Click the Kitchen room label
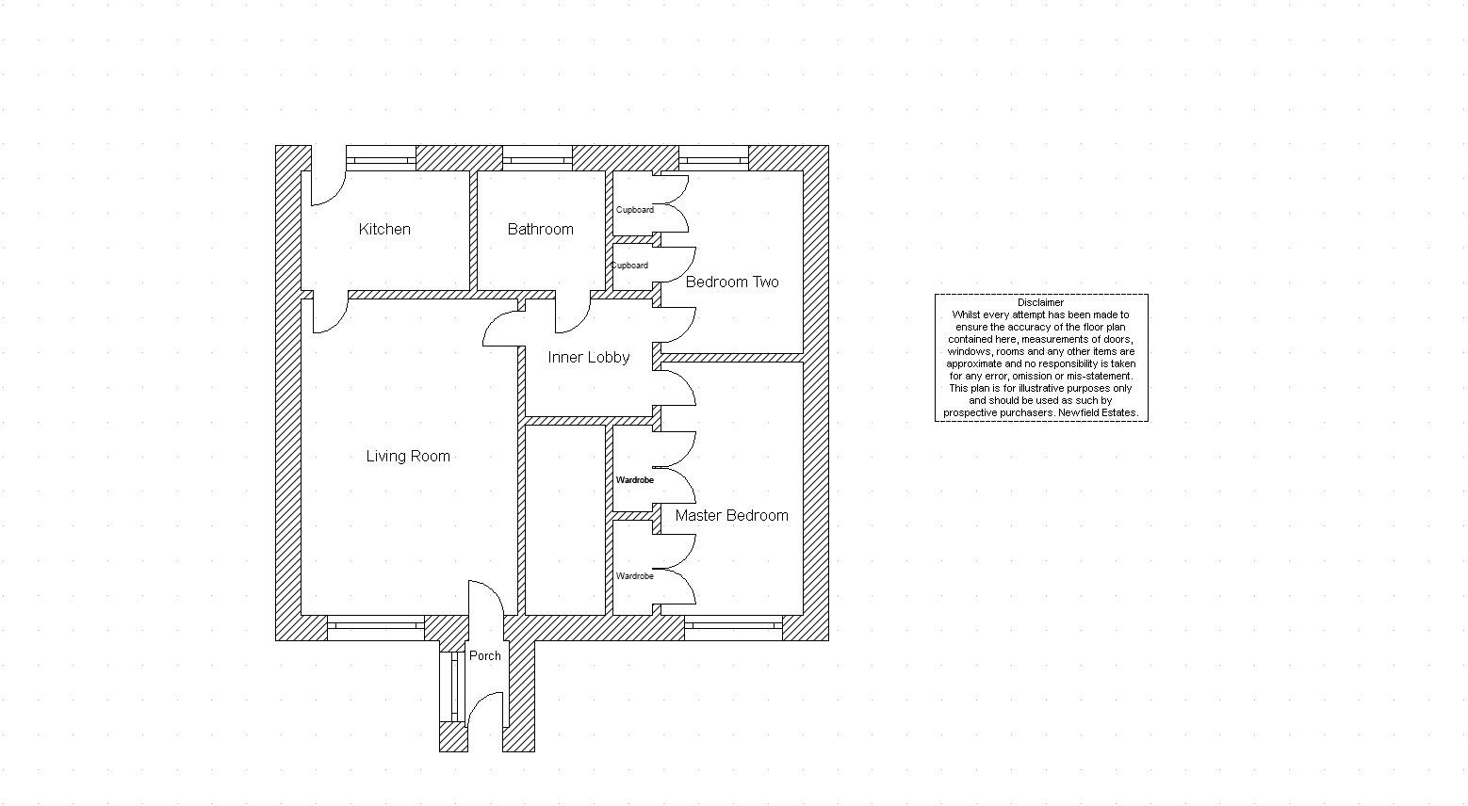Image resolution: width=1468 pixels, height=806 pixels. click(384, 229)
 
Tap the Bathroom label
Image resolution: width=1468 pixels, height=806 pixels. click(541, 229)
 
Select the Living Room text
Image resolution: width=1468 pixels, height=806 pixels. click(408, 457)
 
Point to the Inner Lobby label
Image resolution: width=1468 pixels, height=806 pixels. click(589, 358)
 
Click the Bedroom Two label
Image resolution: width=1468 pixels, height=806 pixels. click(732, 282)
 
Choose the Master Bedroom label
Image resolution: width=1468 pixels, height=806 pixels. click(731, 516)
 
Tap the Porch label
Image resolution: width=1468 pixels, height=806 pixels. click(485, 656)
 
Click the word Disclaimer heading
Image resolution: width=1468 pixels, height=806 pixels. click(1041, 302)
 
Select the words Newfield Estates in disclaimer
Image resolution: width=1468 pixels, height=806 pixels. click(1098, 413)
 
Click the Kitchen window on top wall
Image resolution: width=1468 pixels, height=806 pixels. click(381, 158)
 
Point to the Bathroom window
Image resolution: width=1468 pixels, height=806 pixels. click(537, 158)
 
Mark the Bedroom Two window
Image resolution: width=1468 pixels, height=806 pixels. click(713, 158)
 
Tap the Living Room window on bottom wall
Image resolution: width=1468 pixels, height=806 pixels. click(376, 628)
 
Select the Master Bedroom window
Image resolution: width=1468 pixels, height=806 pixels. click(733, 628)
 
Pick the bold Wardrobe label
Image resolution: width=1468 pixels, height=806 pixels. click(634, 480)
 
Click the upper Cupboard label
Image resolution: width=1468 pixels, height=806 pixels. click(634, 210)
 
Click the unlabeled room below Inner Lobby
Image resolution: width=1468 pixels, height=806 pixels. click(565, 521)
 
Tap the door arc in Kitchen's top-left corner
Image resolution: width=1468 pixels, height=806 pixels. click(328, 188)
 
